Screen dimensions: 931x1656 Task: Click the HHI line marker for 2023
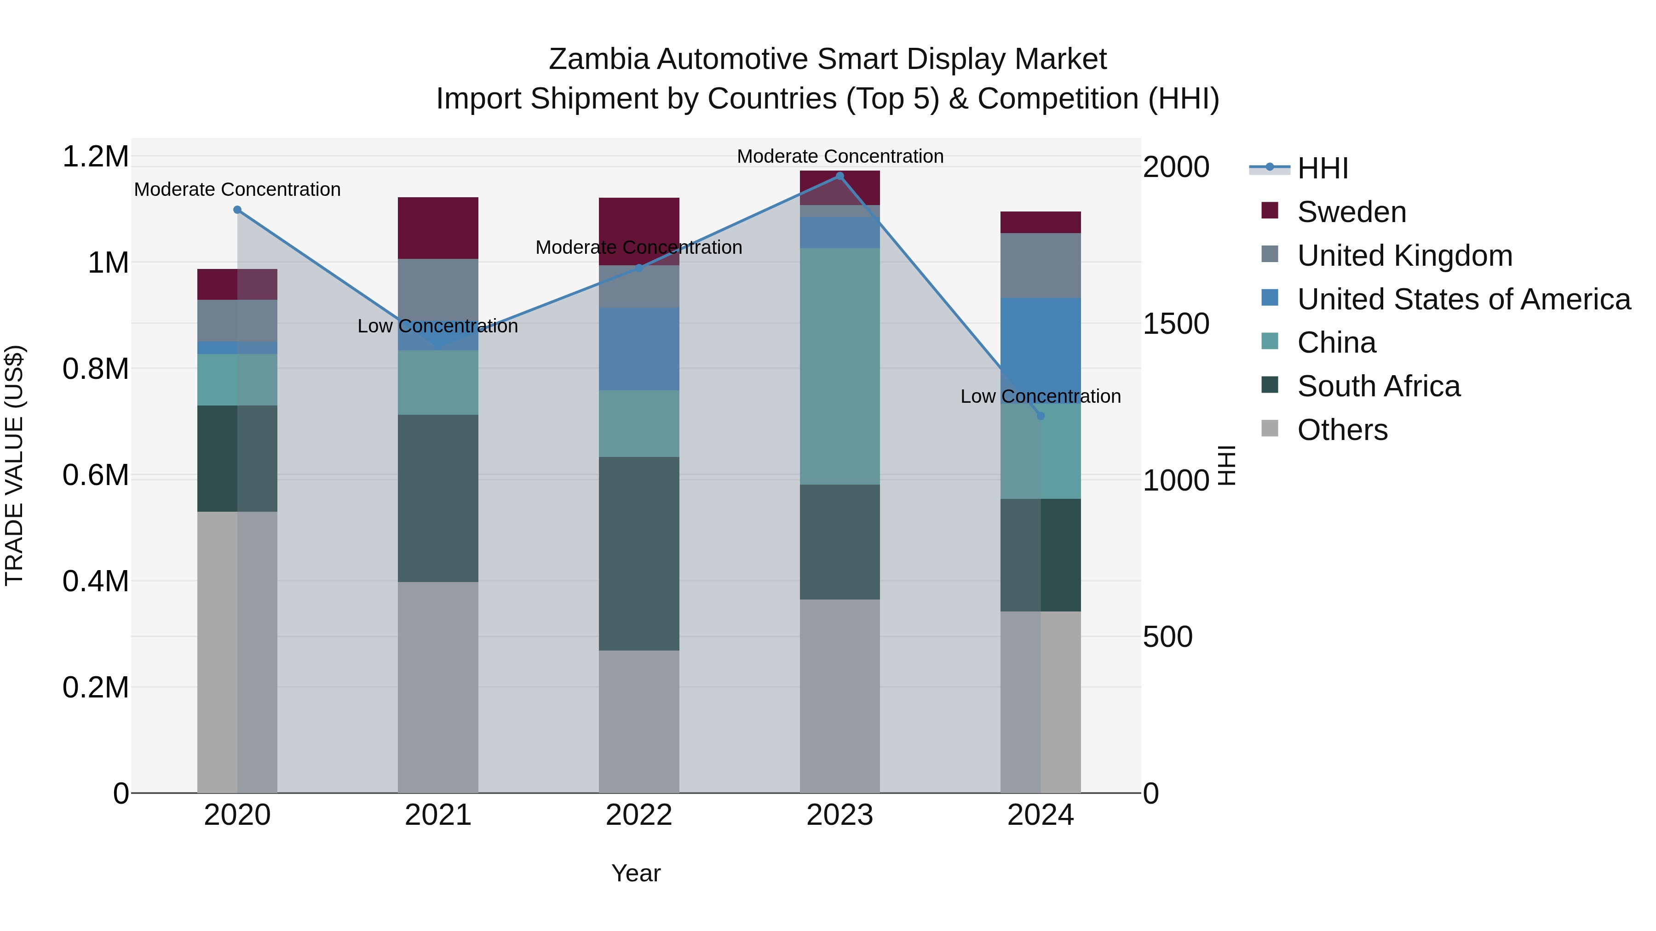coord(839,176)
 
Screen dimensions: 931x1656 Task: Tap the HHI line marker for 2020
coord(237,210)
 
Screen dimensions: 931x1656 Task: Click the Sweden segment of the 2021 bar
coord(438,228)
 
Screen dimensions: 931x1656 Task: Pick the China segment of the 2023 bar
coord(839,366)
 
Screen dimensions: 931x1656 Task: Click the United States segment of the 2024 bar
coord(1041,347)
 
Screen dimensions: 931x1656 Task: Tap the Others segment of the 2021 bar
coord(438,687)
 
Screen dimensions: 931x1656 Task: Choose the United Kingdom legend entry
coord(1405,256)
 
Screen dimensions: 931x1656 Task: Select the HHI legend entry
coord(1322,168)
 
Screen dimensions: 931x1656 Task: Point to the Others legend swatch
coord(1270,428)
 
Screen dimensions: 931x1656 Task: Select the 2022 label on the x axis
coord(638,815)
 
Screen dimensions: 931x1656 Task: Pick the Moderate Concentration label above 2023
coord(839,156)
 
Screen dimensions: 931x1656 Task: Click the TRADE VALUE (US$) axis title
coord(14,465)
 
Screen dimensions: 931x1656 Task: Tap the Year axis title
coord(636,873)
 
